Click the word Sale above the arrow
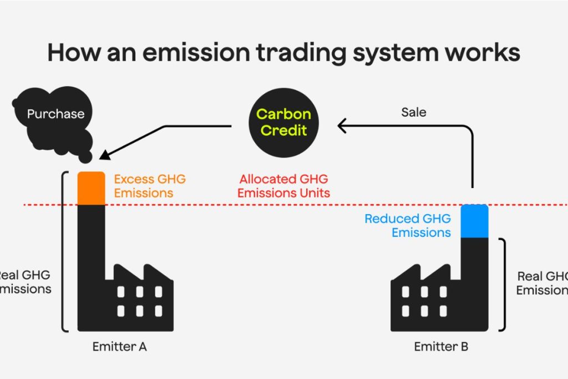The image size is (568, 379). (x=414, y=112)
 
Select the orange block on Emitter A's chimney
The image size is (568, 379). (x=91, y=188)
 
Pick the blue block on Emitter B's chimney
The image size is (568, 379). (x=474, y=221)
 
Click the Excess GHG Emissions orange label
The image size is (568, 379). (x=150, y=186)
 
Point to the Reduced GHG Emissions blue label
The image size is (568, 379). (x=408, y=225)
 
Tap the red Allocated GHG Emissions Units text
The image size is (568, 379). (x=283, y=186)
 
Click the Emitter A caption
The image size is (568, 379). (x=119, y=347)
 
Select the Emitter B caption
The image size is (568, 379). (x=441, y=347)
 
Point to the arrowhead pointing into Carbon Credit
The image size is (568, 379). (x=342, y=127)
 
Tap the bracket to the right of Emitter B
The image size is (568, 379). (x=504, y=284)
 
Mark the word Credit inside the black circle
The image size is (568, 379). (x=284, y=132)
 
